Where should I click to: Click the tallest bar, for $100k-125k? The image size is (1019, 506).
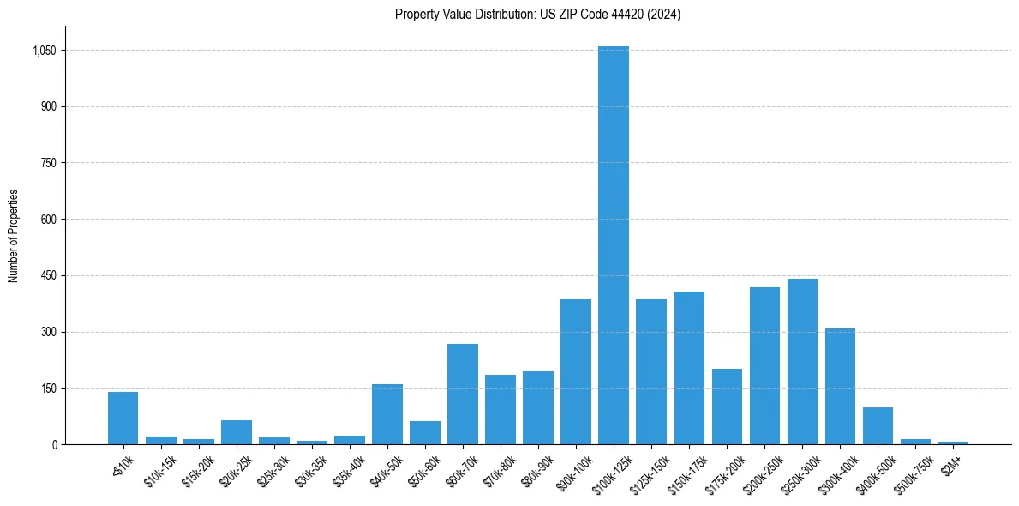point(614,245)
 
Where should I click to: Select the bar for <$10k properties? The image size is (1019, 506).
point(123,419)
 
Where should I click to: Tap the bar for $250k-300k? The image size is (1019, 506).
point(802,361)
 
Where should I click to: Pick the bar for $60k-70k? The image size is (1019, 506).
point(463,395)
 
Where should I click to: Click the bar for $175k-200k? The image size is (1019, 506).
point(727,407)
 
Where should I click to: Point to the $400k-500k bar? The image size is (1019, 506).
point(878,426)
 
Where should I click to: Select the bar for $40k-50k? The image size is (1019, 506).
point(387,414)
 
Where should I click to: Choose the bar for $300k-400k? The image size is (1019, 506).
point(840,386)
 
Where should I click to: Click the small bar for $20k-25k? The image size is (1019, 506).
point(237,432)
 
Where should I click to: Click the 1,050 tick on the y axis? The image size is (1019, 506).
point(44,51)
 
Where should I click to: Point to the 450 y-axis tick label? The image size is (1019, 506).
point(49,275)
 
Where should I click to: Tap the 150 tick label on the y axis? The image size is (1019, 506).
point(49,388)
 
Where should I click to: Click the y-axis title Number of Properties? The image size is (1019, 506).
point(13,236)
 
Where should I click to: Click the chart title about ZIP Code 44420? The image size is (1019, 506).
point(537,15)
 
